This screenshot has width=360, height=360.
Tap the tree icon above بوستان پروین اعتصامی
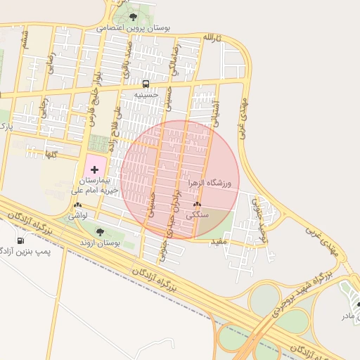pos(134,17)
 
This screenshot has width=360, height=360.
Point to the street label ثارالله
pos(212,37)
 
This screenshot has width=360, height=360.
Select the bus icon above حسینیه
pos(146,84)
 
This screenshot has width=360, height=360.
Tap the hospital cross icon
pos(95,169)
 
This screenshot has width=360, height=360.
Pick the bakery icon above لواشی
pos(77,206)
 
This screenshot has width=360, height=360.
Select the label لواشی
pos(77,216)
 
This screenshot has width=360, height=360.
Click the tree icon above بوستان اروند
pos(99,232)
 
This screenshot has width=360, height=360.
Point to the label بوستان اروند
pos(99,243)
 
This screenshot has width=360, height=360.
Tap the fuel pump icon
pos(20,240)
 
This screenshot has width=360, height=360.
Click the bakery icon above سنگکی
pos(196,205)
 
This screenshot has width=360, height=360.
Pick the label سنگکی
pos(195,215)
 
